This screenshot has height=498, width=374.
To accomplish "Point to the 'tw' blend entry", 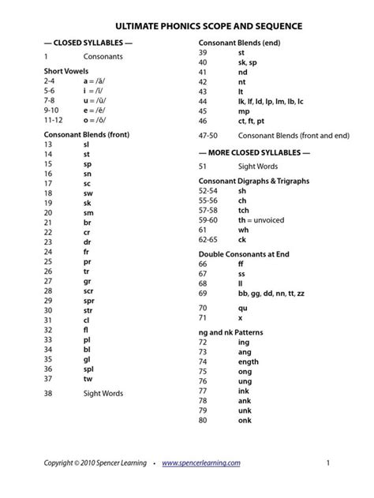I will [87, 378].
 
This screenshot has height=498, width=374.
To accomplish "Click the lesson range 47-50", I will [209, 137].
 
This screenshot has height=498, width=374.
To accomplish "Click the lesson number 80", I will [204, 420].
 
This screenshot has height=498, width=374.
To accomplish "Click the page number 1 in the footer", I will [326, 463].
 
